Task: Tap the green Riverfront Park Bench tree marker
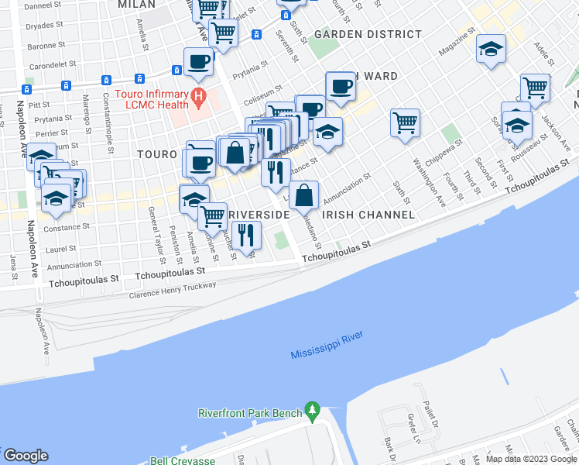pyautogui.click(x=313, y=409)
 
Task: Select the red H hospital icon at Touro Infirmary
pyautogui.click(x=199, y=98)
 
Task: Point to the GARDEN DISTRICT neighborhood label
pyautogui.click(x=368, y=35)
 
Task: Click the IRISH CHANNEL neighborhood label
pyautogui.click(x=358, y=214)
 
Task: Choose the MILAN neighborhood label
pyautogui.click(x=136, y=5)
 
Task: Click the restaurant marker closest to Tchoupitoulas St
pyautogui.click(x=246, y=234)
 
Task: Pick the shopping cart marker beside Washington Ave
pyautogui.click(x=405, y=122)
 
